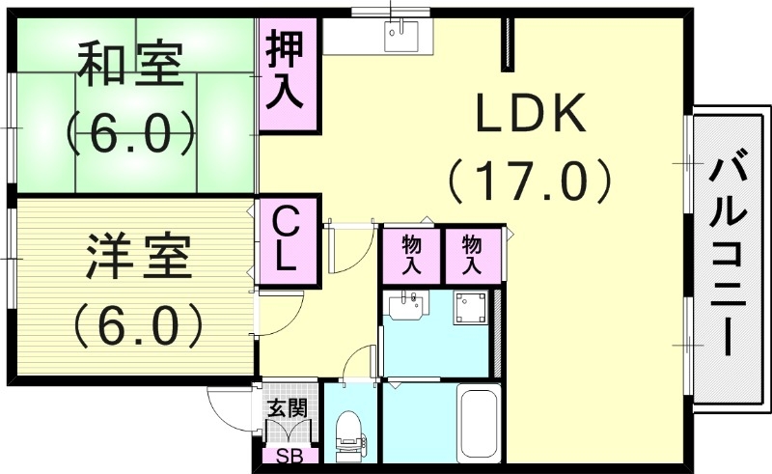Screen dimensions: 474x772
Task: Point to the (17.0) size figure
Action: point(529,180)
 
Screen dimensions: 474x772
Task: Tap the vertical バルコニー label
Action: point(729,257)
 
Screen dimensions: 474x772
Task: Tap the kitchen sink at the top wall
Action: point(397,37)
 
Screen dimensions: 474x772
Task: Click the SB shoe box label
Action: point(288,457)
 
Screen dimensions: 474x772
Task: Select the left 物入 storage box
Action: point(411,254)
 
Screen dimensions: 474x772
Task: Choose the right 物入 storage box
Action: point(472,254)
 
